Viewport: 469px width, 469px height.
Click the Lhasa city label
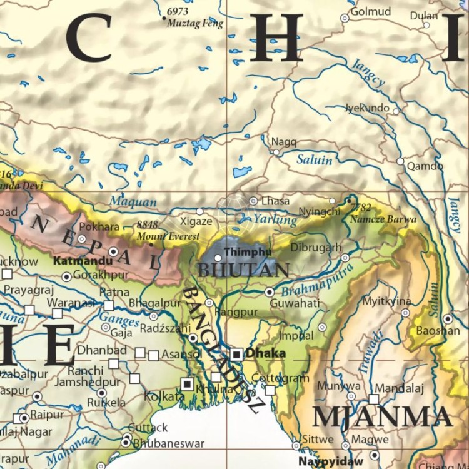click(x=276, y=201)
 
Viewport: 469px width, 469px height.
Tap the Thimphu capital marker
click(x=218, y=258)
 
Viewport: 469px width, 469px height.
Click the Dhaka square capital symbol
click(x=236, y=355)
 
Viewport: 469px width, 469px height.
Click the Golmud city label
click(x=370, y=12)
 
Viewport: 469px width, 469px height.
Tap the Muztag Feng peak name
click(x=194, y=24)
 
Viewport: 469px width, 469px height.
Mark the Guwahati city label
click(x=295, y=303)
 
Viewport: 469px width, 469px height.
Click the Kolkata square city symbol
click(x=187, y=383)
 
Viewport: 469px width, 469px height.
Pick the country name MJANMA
click(x=382, y=417)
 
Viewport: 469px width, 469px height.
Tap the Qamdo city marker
click(x=400, y=161)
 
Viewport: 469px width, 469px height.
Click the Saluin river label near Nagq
click(x=314, y=160)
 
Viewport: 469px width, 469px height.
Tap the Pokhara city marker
click(x=82, y=239)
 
